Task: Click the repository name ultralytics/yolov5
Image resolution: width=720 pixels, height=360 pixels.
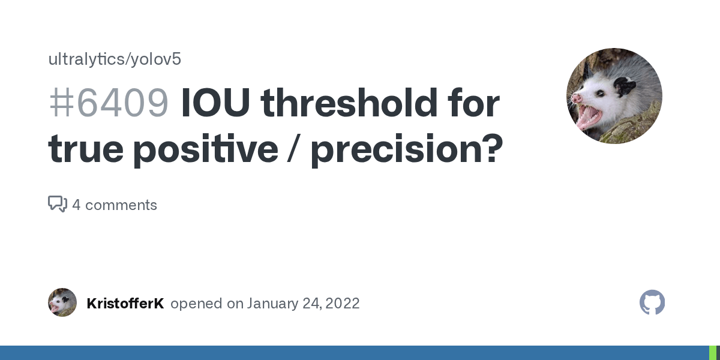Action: click(114, 59)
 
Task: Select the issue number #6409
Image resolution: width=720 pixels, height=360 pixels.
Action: click(108, 104)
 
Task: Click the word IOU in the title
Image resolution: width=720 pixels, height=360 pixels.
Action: click(215, 104)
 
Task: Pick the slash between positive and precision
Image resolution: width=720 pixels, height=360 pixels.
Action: click(294, 149)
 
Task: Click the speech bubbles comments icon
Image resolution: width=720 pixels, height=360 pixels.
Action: click(57, 205)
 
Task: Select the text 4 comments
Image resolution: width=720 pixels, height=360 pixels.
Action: click(115, 205)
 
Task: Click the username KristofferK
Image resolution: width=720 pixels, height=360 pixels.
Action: click(125, 303)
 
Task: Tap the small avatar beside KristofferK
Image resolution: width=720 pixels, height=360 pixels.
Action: click(62, 302)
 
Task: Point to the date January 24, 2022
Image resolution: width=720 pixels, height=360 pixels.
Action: click(303, 303)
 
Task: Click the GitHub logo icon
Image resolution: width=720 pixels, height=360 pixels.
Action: click(652, 302)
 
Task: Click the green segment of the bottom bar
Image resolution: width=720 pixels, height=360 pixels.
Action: click(713, 353)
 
